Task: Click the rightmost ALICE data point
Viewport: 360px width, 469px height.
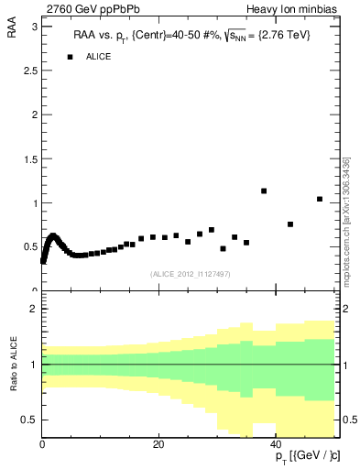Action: tap(320, 199)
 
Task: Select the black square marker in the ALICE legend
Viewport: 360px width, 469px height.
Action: tap(70, 57)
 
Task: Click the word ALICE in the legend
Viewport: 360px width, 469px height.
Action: tap(99, 57)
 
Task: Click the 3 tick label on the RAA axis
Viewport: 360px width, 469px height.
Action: tap(34, 27)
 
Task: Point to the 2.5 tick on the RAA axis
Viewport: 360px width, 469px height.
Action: tap(30, 71)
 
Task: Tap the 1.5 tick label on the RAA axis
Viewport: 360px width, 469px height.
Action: tap(30, 158)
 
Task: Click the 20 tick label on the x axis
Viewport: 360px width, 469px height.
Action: tap(158, 444)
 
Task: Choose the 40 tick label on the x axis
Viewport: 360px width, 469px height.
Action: tap(276, 444)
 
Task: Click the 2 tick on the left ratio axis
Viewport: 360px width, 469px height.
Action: tap(34, 310)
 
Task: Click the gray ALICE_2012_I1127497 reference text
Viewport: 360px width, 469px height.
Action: tap(190, 274)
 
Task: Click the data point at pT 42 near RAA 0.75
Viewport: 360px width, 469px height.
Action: tap(290, 224)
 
